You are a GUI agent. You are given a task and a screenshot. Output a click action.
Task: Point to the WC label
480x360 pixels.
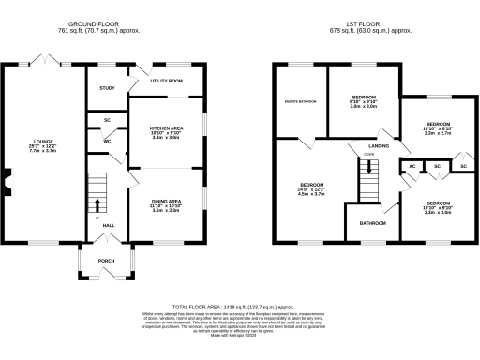[x=108, y=142]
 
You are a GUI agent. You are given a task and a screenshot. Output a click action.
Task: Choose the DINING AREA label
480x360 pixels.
[x=166, y=201]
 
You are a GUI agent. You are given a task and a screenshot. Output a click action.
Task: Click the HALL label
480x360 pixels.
[x=109, y=226]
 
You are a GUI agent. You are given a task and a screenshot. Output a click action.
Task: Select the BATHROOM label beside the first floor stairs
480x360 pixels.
[x=372, y=223]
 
